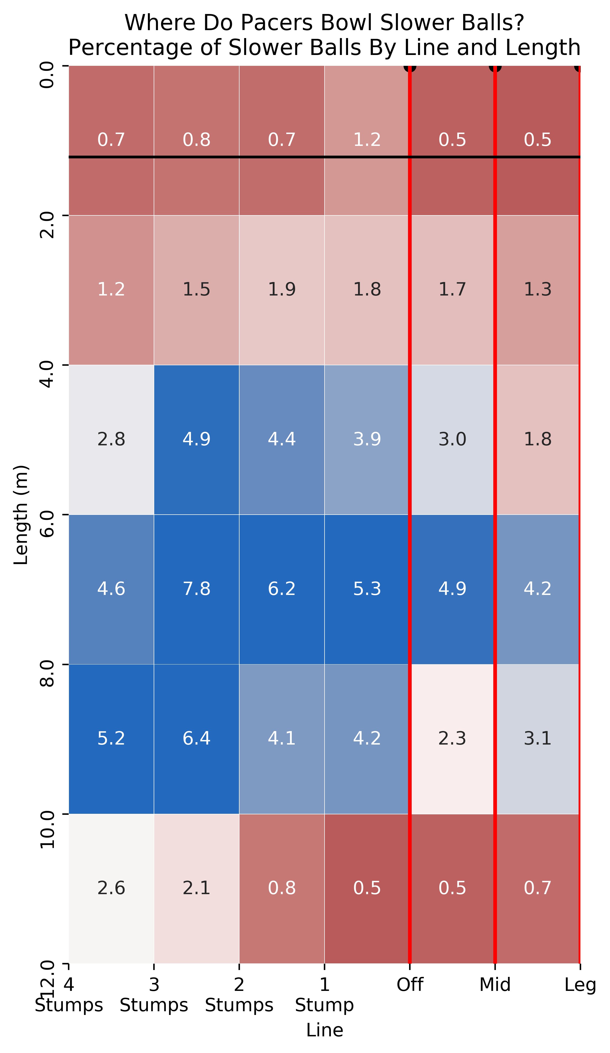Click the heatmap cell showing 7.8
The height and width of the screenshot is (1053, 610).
(196, 589)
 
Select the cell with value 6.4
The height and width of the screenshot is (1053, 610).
(196, 739)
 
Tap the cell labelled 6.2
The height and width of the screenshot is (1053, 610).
(281, 589)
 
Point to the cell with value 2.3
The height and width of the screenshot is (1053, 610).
(452, 739)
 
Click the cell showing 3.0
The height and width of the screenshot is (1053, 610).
(452, 440)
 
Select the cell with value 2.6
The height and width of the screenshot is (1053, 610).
(111, 888)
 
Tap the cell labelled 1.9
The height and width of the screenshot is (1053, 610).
(281, 290)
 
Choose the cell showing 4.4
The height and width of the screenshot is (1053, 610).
(281, 440)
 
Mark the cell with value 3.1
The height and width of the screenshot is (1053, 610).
(537, 739)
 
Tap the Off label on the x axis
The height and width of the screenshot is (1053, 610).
(410, 985)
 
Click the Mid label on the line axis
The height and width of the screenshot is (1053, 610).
(495, 985)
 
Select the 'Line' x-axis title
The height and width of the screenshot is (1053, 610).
(325, 1031)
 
